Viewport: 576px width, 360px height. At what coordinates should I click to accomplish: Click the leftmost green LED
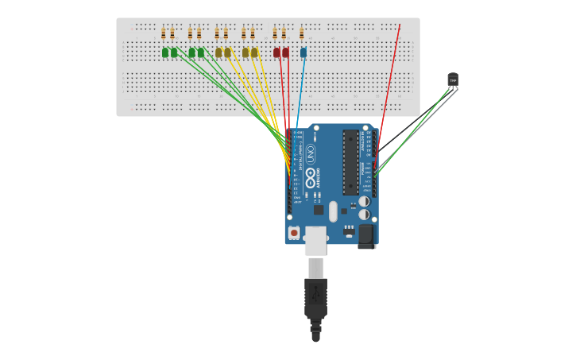(x=165, y=52)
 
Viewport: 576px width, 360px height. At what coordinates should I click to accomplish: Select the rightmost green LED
(x=201, y=52)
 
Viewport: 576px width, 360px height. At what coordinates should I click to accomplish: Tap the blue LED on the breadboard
(x=303, y=52)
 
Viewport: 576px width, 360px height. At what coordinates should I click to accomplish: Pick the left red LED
(x=276, y=52)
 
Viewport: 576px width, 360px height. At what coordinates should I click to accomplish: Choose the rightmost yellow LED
(x=254, y=52)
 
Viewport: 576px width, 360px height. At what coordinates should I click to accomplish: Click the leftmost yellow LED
(x=218, y=52)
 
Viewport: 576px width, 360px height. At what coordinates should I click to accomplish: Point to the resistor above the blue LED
(x=302, y=33)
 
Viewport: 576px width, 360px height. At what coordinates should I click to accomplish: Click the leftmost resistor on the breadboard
(x=164, y=33)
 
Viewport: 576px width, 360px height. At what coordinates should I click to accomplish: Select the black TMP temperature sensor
(x=453, y=79)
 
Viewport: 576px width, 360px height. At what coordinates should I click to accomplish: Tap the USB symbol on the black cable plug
(x=315, y=294)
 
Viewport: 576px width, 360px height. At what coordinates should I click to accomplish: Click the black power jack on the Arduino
(x=366, y=235)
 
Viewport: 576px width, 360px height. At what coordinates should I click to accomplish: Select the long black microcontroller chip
(x=350, y=162)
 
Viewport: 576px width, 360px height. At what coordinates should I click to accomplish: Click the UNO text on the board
(x=310, y=153)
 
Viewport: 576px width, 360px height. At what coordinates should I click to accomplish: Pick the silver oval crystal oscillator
(x=333, y=211)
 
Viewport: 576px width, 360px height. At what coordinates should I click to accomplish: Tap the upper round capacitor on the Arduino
(x=364, y=201)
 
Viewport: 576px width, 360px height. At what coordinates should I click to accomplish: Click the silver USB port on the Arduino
(x=315, y=240)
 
